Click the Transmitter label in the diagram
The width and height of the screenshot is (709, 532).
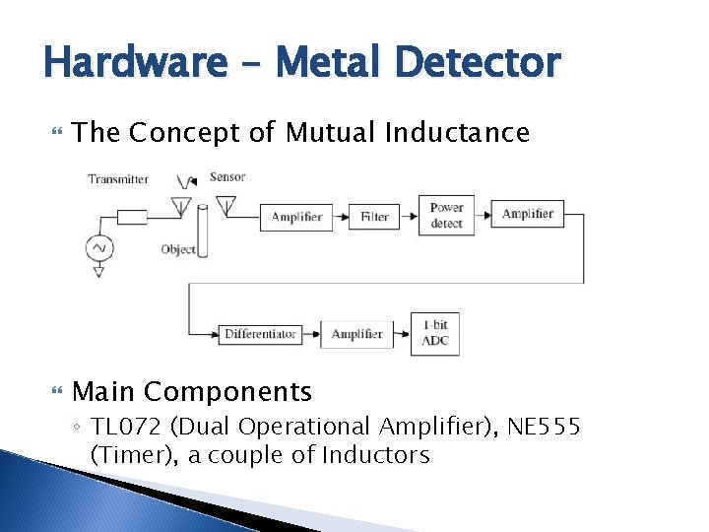118,178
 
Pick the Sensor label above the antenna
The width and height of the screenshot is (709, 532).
227,177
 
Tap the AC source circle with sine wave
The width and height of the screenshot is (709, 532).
99,247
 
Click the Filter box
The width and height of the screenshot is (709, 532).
374,217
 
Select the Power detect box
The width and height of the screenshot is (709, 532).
446,216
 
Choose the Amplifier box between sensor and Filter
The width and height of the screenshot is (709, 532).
296,217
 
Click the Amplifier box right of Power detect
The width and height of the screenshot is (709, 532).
528,214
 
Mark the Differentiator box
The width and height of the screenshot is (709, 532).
260,334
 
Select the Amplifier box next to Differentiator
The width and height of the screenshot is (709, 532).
356,334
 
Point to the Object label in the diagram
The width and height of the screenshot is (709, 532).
178,249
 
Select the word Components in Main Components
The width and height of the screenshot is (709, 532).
227,392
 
